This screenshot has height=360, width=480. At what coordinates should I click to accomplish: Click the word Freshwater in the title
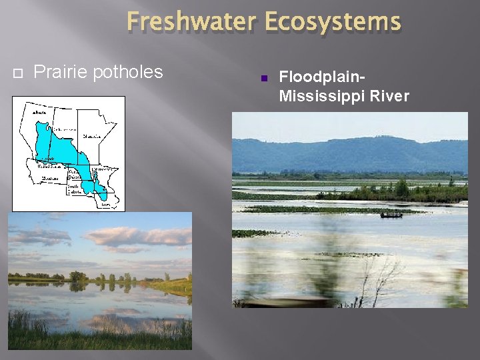click(192, 22)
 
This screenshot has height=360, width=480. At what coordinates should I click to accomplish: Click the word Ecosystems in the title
click(333, 22)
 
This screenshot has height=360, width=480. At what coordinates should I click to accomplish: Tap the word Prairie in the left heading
click(61, 72)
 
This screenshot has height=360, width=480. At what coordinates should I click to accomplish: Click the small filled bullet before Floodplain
click(263, 79)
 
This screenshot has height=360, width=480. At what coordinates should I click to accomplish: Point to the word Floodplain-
click(322, 77)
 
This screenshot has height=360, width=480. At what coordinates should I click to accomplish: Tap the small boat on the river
click(391, 214)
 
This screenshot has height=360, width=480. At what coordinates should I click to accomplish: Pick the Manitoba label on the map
click(91, 137)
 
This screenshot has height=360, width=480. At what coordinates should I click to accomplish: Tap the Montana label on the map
click(50, 177)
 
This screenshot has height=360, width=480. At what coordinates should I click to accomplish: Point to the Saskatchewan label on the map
click(63, 129)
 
